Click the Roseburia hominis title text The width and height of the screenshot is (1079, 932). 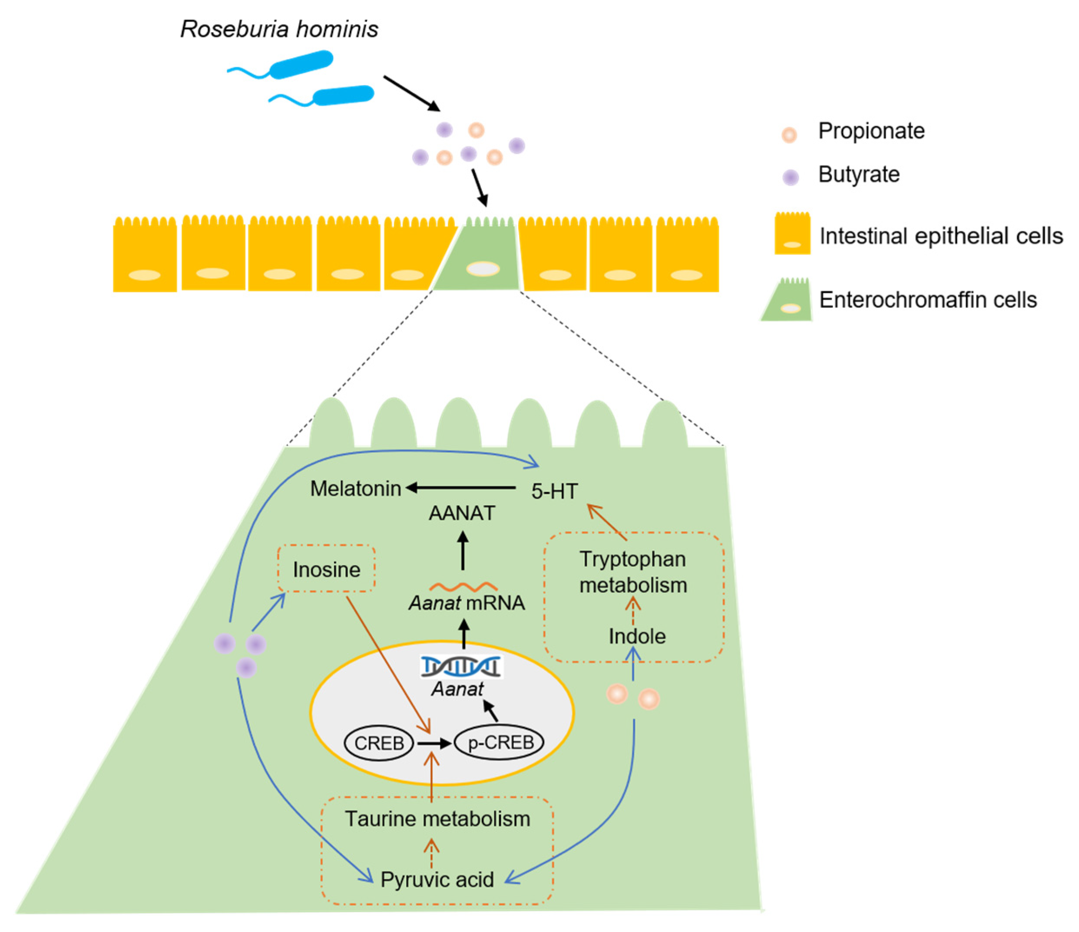pos(279,29)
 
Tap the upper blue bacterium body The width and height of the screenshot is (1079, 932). pos(301,65)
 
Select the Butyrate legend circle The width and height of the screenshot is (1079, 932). pos(791,178)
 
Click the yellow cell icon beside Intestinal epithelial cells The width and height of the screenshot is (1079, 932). pos(792,234)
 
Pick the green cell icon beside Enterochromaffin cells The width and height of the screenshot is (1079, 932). pos(788,301)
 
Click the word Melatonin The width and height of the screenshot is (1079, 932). pos(356,489)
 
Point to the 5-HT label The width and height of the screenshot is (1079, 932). pos(554,491)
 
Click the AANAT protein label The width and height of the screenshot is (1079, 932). pos(462,513)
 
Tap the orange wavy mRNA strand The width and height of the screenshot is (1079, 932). pos(463,587)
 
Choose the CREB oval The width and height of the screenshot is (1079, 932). pos(379,743)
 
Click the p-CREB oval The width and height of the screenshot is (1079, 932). pos(500,743)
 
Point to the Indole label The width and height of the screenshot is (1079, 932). pos(637,636)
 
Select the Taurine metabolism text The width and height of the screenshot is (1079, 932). pos(437,819)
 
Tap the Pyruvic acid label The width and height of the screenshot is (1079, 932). pos(437,880)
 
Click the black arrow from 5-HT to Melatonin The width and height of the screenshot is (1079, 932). pos(461,488)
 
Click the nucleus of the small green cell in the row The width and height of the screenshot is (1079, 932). pos(483,269)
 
